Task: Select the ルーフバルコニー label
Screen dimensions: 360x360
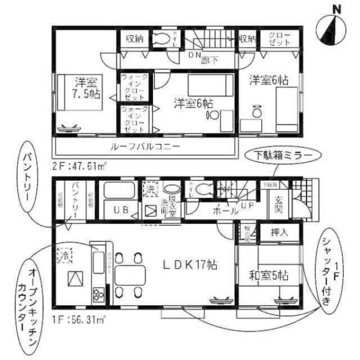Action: click(145, 147)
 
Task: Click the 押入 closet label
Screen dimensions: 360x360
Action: click(279, 233)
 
